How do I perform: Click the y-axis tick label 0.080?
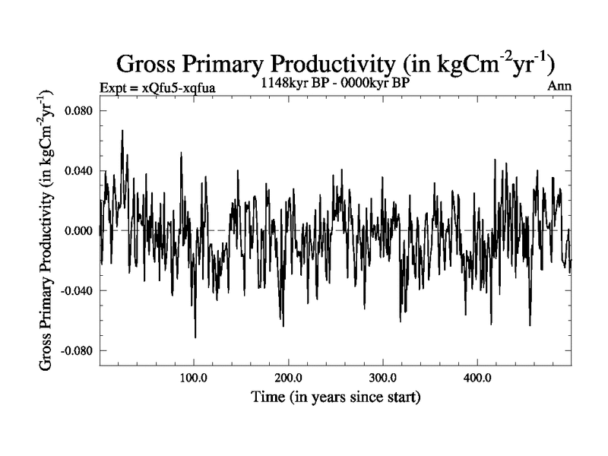click(78, 110)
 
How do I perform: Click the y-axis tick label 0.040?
click(78, 170)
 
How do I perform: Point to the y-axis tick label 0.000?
click(78, 230)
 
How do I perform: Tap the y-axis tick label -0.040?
click(76, 290)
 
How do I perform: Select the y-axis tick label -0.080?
click(76, 350)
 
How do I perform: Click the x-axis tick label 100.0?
click(194, 378)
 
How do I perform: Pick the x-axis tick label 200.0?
click(288, 378)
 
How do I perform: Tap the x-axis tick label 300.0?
click(382, 378)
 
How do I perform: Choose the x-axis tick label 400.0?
click(477, 378)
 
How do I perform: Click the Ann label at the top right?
click(559, 87)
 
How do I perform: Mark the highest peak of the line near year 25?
click(122, 131)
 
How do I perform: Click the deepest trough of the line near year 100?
click(195, 337)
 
